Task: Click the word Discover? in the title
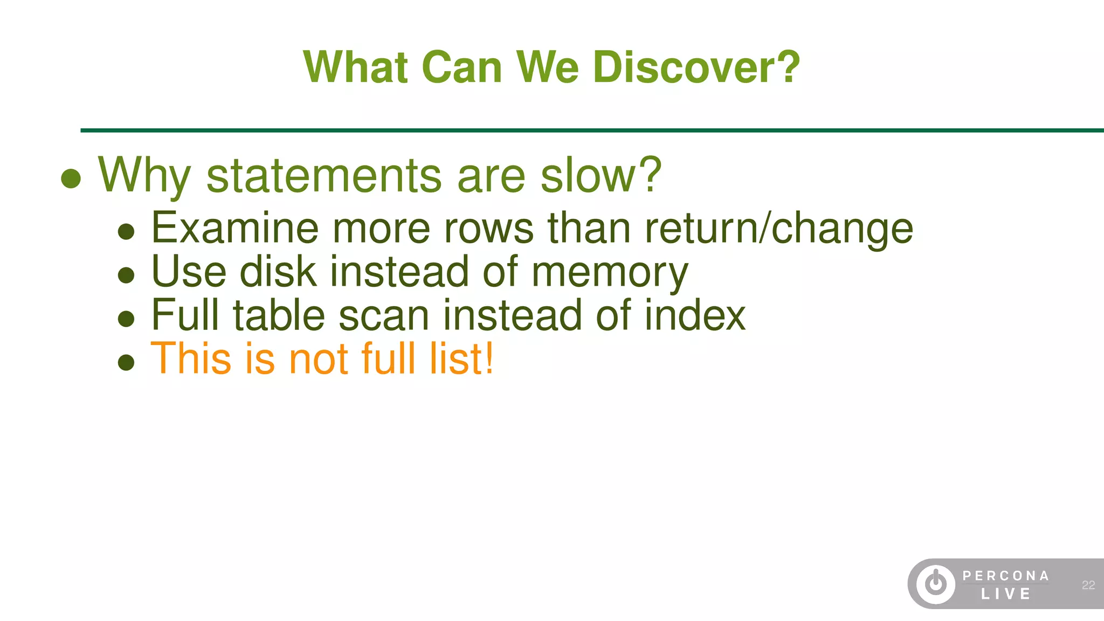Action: tap(696, 67)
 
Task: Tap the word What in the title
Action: tap(355, 67)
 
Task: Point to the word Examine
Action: tap(235, 228)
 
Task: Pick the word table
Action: tap(279, 315)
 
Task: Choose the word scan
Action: tap(384, 316)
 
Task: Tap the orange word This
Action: tap(192, 358)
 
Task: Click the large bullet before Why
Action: tap(71, 178)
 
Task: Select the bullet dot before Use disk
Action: tap(126, 275)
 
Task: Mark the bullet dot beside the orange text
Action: tap(126, 362)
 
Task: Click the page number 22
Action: tap(1088, 585)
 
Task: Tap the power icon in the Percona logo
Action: tap(936, 584)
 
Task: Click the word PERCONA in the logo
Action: tap(1005, 576)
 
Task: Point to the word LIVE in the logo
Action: tap(1005, 594)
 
